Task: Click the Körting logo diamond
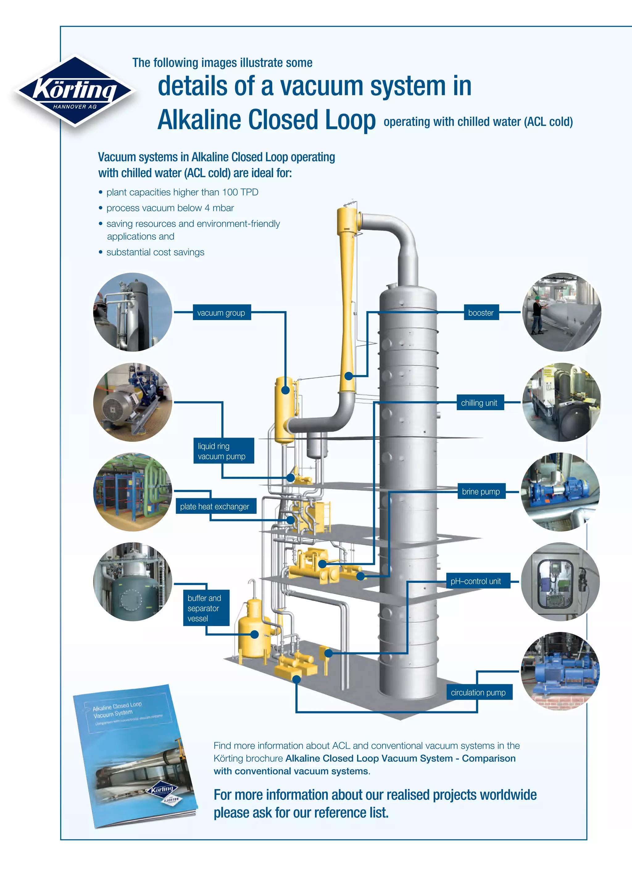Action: pyautogui.click(x=75, y=91)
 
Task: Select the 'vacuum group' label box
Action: pyautogui.click(x=222, y=313)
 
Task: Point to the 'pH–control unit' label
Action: pyautogui.click(x=476, y=581)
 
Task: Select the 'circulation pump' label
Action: pyautogui.click(x=478, y=693)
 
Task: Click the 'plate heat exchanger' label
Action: pyautogui.click(x=214, y=506)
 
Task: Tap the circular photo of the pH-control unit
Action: pyautogui.click(x=560, y=582)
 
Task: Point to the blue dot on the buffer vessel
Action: pyautogui.click(x=255, y=634)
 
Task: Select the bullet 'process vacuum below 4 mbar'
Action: pyautogui.click(x=170, y=208)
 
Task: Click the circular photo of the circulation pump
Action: pyautogui.click(x=560, y=671)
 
